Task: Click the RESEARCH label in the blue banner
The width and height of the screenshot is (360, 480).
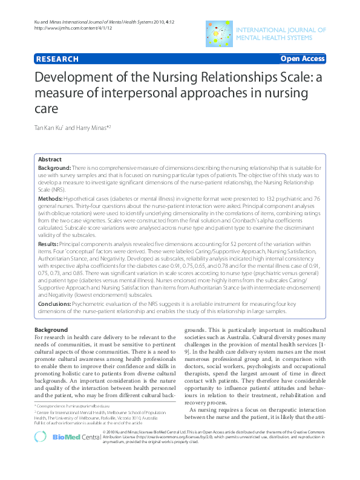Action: (57, 59)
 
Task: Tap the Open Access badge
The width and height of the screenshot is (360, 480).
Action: (303, 59)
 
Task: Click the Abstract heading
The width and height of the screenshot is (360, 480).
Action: (50, 158)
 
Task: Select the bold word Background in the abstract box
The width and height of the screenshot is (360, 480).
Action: (54, 166)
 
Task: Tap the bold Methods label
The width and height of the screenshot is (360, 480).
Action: (51, 198)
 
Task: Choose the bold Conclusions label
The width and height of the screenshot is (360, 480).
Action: (57, 304)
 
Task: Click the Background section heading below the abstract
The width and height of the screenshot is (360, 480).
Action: (51, 329)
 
